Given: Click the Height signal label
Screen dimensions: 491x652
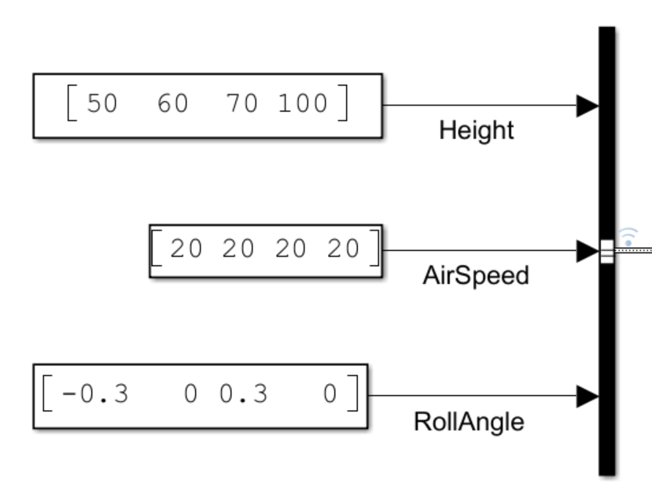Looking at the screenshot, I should click(x=477, y=131).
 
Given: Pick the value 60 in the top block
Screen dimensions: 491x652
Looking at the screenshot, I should click(x=173, y=104).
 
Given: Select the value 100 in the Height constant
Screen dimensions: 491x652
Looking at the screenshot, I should click(x=305, y=104).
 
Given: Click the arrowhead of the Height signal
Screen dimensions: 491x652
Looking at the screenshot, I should click(x=588, y=105).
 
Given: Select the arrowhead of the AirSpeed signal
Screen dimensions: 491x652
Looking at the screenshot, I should click(x=588, y=252).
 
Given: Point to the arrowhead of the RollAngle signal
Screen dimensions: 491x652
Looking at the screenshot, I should click(x=588, y=397).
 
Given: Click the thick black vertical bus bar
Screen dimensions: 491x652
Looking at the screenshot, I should click(x=606, y=354).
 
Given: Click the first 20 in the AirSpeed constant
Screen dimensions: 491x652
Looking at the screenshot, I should click(x=186, y=249).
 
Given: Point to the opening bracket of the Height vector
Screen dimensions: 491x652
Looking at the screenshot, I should click(x=72, y=105).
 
